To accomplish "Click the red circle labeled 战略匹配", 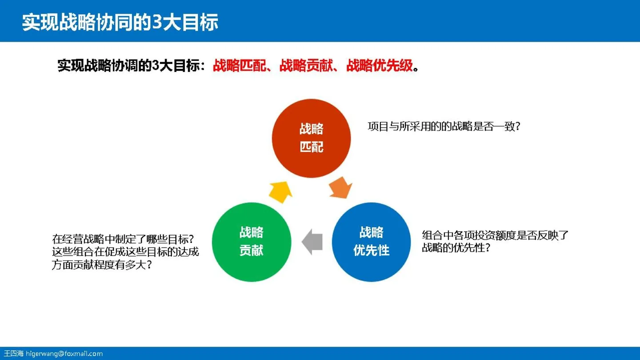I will point(311,138).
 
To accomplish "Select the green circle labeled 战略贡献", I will point(252,242).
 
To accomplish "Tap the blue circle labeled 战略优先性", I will point(371,242).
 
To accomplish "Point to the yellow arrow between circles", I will point(280,192).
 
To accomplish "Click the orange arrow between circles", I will point(341,187).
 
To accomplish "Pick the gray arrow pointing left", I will point(312,242).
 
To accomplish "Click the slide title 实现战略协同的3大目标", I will point(120,22).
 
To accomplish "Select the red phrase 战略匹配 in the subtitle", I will point(240,66).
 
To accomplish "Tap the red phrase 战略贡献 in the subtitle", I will point(307,66).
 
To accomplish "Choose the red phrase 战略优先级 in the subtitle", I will point(380,66).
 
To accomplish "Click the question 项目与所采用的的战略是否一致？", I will point(444,127).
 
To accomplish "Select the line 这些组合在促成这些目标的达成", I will point(125,252).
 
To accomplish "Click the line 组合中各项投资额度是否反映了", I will point(495,235).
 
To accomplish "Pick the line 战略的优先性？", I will point(456,248).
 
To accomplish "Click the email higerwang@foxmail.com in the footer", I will point(64,354).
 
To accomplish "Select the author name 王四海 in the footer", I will point(13,354).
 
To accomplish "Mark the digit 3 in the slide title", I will point(157,22).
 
